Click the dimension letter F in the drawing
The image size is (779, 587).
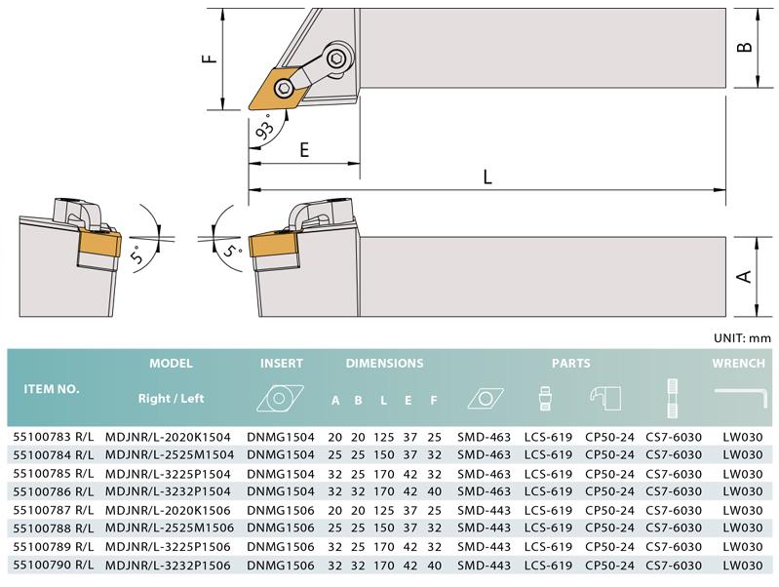[x=211, y=59]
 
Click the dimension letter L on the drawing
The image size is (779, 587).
[x=487, y=176]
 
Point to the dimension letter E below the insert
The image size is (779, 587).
[x=304, y=149]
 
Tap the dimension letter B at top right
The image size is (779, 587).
[x=744, y=47]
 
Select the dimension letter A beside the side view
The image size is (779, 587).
[x=744, y=276]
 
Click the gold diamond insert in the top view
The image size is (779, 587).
[x=276, y=89]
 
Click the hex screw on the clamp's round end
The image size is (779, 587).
[x=337, y=59]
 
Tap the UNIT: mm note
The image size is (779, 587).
[x=742, y=338]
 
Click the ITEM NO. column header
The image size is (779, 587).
[x=52, y=389]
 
